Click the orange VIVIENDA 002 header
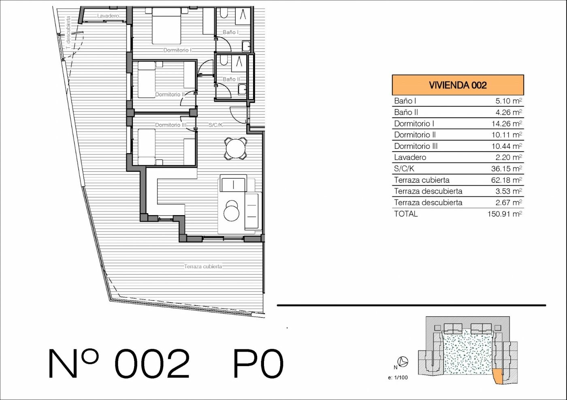(x=458, y=85)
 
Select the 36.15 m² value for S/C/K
(x=507, y=168)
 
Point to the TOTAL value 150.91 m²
(x=505, y=214)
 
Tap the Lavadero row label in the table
(x=410, y=157)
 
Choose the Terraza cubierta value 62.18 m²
(x=507, y=180)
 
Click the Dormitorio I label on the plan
(x=177, y=50)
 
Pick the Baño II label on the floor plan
(x=231, y=79)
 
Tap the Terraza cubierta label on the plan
(x=203, y=267)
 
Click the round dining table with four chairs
(x=236, y=148)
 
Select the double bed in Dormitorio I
(x=166, y=26)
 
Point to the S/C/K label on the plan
(x=215, y=125)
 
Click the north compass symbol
(x=403, y=362)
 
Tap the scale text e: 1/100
(x=398, y=377)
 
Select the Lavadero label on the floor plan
(x=108, y=16)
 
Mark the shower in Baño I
(x=243, y=16)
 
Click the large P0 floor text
(x=258, y=363)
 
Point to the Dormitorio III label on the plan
(x=171, y=125)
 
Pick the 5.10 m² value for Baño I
(x=509, y=101)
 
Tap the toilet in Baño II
(x=224, y=60)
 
